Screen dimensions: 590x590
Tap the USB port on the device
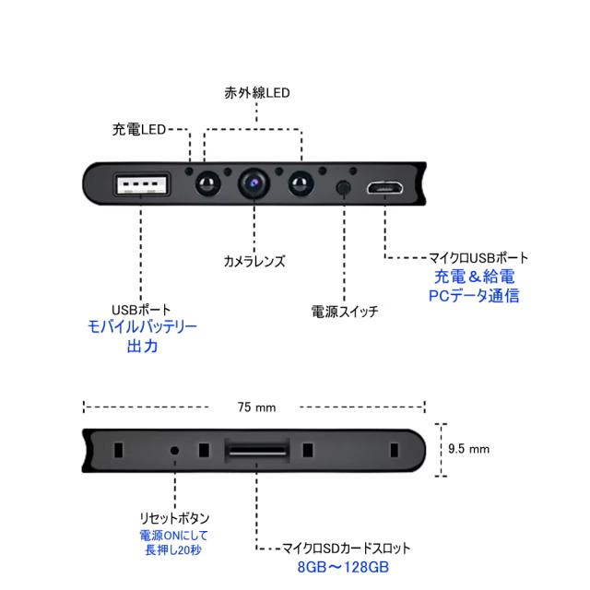141,184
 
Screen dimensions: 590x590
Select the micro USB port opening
383,187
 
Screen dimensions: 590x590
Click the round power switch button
344,187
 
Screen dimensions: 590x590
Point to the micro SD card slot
255,452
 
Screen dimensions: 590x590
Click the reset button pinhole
175,451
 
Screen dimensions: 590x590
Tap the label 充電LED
138,130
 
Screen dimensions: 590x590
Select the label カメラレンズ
254,261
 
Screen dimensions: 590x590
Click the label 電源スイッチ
345,312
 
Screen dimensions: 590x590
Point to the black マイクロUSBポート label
479,258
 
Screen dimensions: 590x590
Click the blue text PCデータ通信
474,296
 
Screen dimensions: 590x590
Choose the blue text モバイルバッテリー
142,327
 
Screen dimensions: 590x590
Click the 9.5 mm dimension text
468,449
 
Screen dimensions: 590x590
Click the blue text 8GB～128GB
336,567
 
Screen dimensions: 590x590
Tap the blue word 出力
142,348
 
